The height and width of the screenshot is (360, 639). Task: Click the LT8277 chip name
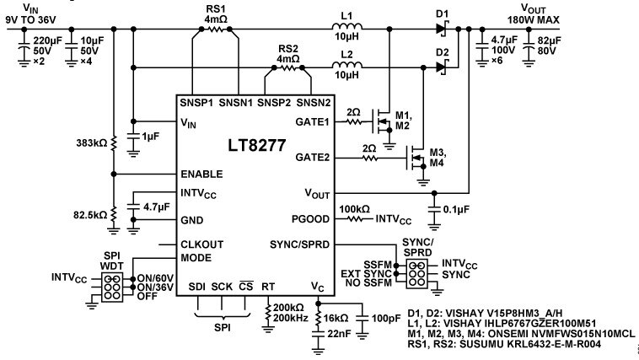point(257,145)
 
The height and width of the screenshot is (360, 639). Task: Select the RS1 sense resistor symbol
point(216,29)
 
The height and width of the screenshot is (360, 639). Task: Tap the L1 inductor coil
point(346,27)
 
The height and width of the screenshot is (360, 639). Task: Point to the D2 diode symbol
point(442,66)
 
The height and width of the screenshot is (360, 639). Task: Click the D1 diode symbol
point(442,29)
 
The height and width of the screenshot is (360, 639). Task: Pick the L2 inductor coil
point(346,65)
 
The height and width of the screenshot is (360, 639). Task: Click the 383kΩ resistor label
point(91,143)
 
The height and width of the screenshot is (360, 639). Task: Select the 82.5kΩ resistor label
point(90,215)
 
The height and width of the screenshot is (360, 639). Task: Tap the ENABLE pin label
point(201,174)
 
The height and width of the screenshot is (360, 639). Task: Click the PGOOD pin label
point(310,219)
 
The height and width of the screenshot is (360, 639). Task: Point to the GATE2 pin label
point(312,158)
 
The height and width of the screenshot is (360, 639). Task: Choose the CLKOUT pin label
point(201,244)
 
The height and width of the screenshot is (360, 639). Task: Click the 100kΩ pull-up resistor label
point(354,209)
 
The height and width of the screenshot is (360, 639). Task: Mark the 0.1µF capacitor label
point(456,210)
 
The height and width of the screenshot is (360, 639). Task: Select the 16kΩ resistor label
point(336,318)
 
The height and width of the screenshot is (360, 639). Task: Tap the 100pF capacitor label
point(386,318)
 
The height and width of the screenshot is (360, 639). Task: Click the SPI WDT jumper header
point(111,287)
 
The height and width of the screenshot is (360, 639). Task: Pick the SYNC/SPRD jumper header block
point(416,273)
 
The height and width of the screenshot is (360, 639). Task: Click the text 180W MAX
point(533,19)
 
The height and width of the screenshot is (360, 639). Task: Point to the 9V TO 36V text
point(30,19)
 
